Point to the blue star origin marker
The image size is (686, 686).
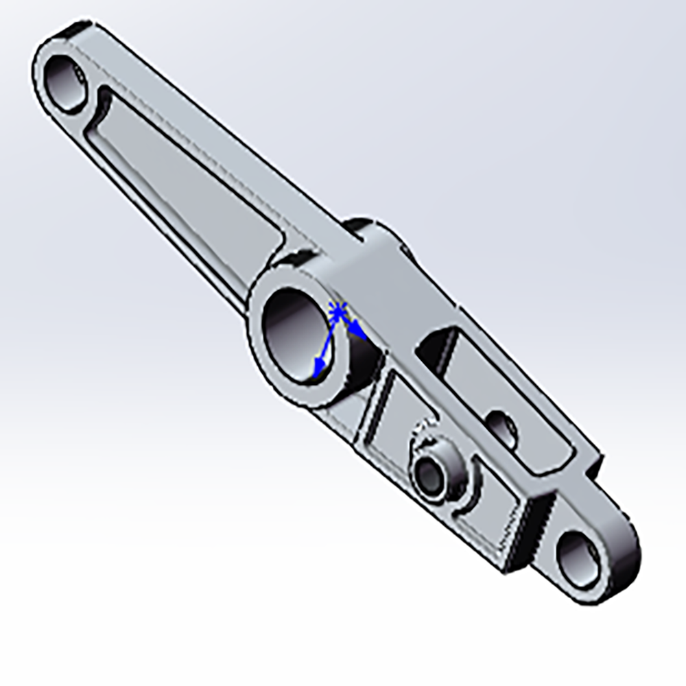coord(337,312)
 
